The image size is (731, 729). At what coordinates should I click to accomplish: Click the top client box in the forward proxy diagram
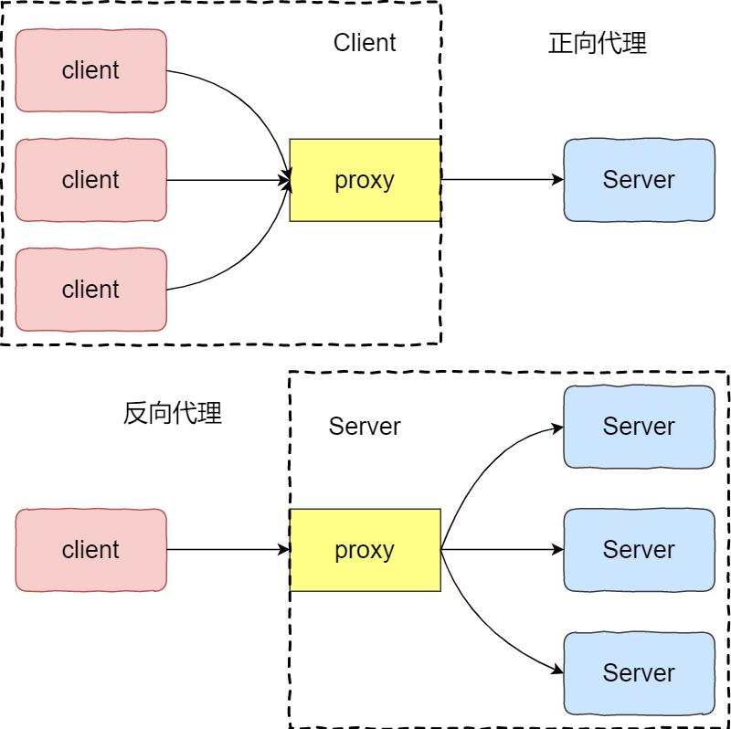pyautogui.click(x=91, y=70)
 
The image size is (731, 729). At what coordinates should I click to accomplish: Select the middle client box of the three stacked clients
pyautogui.click(x=91, y=180)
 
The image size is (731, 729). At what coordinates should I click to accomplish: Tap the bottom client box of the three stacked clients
pyautogui.click(x=91, y=290)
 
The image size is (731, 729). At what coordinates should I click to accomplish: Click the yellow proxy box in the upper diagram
pyautogui.click(x=365, y=180)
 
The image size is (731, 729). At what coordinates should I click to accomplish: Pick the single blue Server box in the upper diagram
pyautogui.click(x=639, y=180)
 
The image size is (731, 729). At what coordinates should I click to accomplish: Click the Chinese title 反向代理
pyautogui.click(x=173, y=413)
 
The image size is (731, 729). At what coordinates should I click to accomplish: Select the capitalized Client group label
pyautogui.click(x=365, y=43)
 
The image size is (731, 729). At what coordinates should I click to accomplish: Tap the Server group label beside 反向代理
pyautogui.click(x=365, y=427)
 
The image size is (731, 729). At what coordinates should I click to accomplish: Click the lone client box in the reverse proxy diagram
pyautogui.click(x=91, y=550)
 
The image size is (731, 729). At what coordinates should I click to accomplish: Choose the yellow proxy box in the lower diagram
pyautogui.click(x=365, y=550)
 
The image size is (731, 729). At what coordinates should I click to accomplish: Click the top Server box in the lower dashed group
pyautogui.click(x=639, y=427)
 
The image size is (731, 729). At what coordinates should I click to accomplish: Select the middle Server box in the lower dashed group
pyautogui.click(x=639, y=550)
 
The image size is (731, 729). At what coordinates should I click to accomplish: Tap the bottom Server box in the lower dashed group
pyautogui.click(x=639, y=673)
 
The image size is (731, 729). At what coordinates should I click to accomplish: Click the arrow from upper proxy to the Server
pyautogui.click(x=503, y=180)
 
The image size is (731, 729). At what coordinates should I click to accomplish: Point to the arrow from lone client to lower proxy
pyautogui.click(x=228, y=550)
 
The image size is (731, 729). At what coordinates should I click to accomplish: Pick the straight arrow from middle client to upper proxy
pyautogui.click(x=228, y=180)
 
